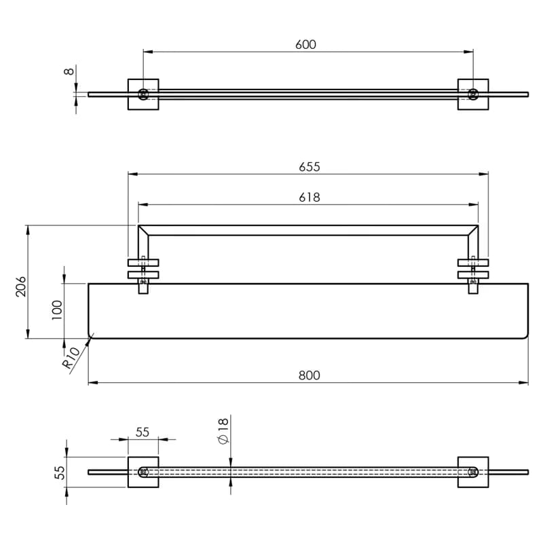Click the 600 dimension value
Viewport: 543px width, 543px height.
(306, 45)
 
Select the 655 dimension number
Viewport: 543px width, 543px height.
(310, 167)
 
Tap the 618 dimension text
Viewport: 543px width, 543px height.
(310, 198)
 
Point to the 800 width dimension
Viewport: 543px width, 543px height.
(310, 375)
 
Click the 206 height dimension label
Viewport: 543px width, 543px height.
(21, 286)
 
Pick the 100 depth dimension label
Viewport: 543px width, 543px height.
(57, 310)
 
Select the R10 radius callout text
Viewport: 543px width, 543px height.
(71, 358)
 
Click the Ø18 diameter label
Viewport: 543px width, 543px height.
(223, 430)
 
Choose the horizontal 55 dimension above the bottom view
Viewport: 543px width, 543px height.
(143, 432)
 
